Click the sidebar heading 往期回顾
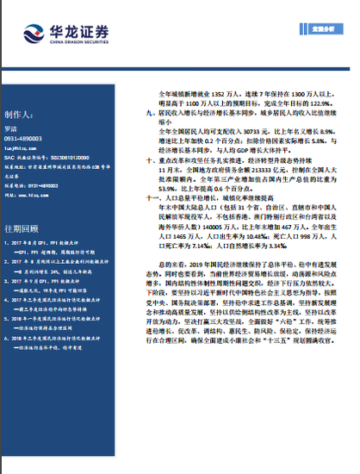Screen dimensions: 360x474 (x=22, y=228)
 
